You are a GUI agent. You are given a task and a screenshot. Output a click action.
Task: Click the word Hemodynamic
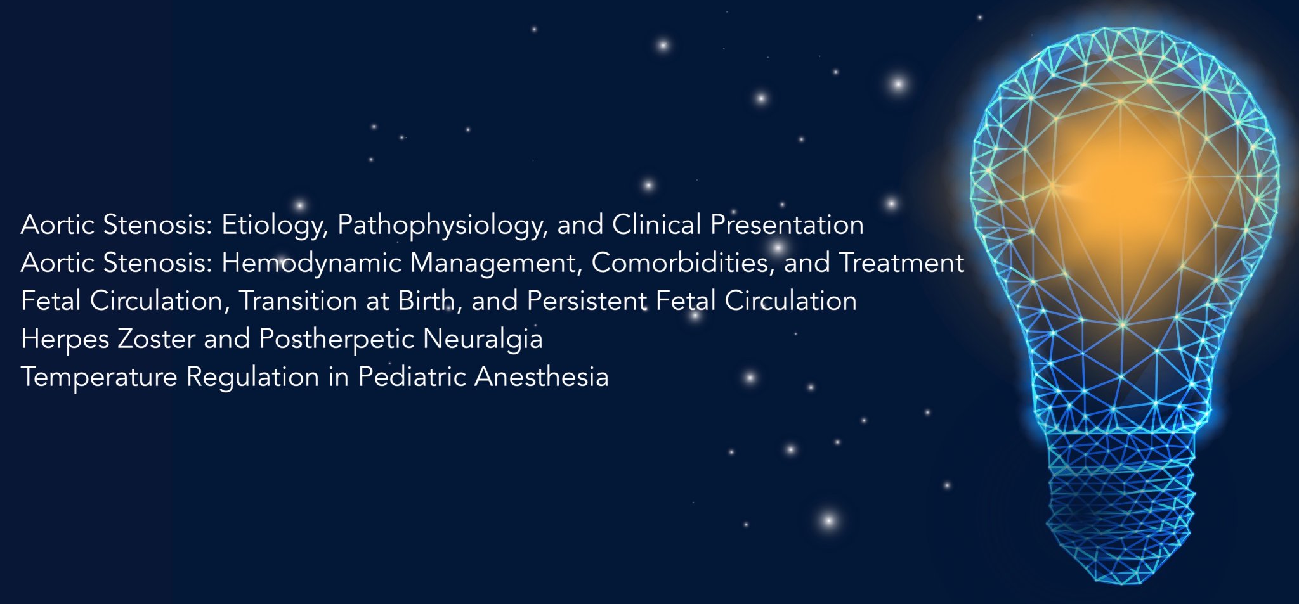311,263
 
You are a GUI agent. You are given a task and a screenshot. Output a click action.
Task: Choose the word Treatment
901,263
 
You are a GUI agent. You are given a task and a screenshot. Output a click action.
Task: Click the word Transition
297,301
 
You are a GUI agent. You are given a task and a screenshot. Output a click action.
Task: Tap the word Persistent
587,301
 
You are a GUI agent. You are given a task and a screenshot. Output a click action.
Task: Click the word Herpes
65,339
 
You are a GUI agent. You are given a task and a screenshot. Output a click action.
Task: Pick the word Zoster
156,339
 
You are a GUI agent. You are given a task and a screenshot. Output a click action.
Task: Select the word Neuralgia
483,339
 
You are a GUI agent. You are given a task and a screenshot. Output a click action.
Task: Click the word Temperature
99,377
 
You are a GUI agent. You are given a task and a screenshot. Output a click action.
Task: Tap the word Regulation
252,377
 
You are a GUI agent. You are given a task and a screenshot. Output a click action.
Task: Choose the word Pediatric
412,377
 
